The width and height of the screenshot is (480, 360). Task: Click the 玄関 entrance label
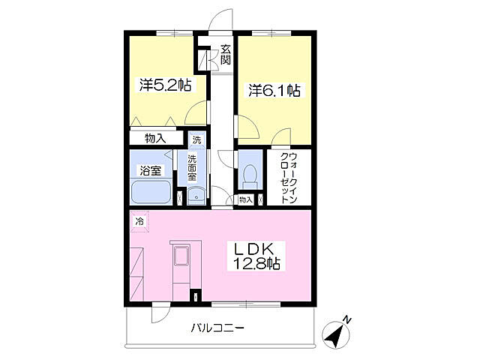(226, 55)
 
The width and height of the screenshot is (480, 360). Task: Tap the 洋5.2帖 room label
(165, 85)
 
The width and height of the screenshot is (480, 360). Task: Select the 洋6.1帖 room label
(274, 90)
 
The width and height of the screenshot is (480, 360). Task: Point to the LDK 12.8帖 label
(256, 256)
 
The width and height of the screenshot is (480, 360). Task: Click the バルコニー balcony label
(217, 328)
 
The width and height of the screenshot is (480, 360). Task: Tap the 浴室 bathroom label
(151, 170)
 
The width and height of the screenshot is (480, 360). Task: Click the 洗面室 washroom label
(192, 168)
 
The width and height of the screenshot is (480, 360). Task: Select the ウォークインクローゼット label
(289, 178)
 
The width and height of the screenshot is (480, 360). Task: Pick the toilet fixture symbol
(250, 177)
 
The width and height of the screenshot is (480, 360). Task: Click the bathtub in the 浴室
(151, 192)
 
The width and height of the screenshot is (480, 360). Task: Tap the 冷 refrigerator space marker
(139, 222)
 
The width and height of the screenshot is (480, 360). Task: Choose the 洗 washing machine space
(196, 139)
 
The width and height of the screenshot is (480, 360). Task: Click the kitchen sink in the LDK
(181, 256)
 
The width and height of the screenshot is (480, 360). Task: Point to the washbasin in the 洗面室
(196, 196)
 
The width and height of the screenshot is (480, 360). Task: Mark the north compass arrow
(335, 335)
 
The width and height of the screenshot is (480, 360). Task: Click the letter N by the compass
(346, 320)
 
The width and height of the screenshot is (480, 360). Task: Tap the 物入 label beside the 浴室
(155, 138)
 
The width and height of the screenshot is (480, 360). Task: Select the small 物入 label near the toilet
(246, 200)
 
